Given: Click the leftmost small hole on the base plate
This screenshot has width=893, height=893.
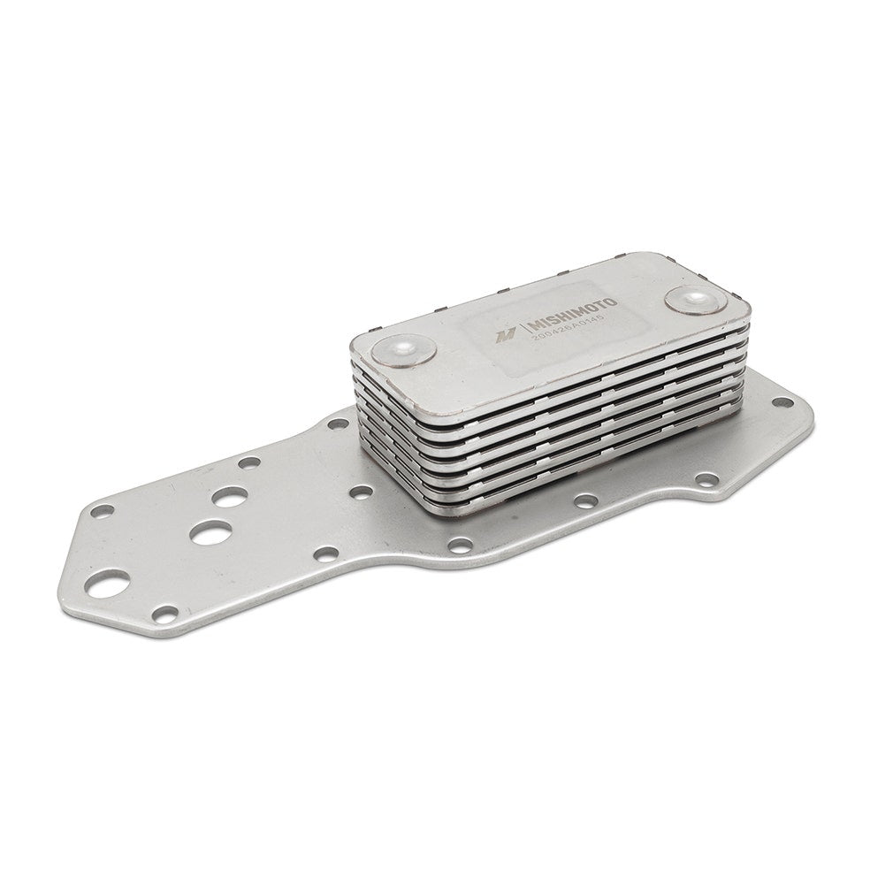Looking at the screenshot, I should (103, 510).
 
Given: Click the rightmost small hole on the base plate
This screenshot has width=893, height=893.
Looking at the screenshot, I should (782, 402).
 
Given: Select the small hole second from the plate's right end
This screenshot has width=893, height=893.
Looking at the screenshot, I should (706, 480).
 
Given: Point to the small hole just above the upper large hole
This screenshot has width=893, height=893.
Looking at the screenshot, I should (249, 462).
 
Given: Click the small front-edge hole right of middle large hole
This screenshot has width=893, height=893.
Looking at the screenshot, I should (325, 554).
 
